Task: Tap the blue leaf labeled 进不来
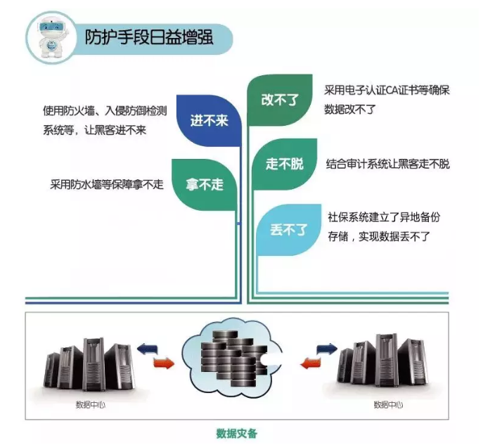(209, 121)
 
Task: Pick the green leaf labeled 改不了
(280, 99)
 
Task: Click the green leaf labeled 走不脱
(284, 164)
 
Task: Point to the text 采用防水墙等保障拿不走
(106, 185)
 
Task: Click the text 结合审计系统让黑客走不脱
(387, 164)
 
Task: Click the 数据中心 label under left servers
(89, 405)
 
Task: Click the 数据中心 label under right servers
(387, 405)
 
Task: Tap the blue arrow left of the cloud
(148, 347)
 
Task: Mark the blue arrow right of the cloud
(325, 347)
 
